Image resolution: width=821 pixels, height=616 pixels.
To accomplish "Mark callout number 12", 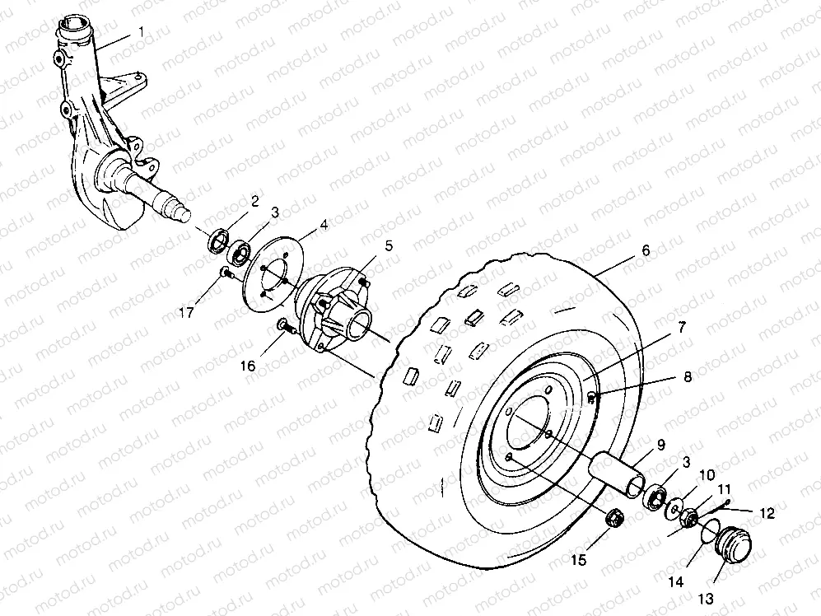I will pos(766,513).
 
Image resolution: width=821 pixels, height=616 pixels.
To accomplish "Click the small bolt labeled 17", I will pos(224,273).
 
